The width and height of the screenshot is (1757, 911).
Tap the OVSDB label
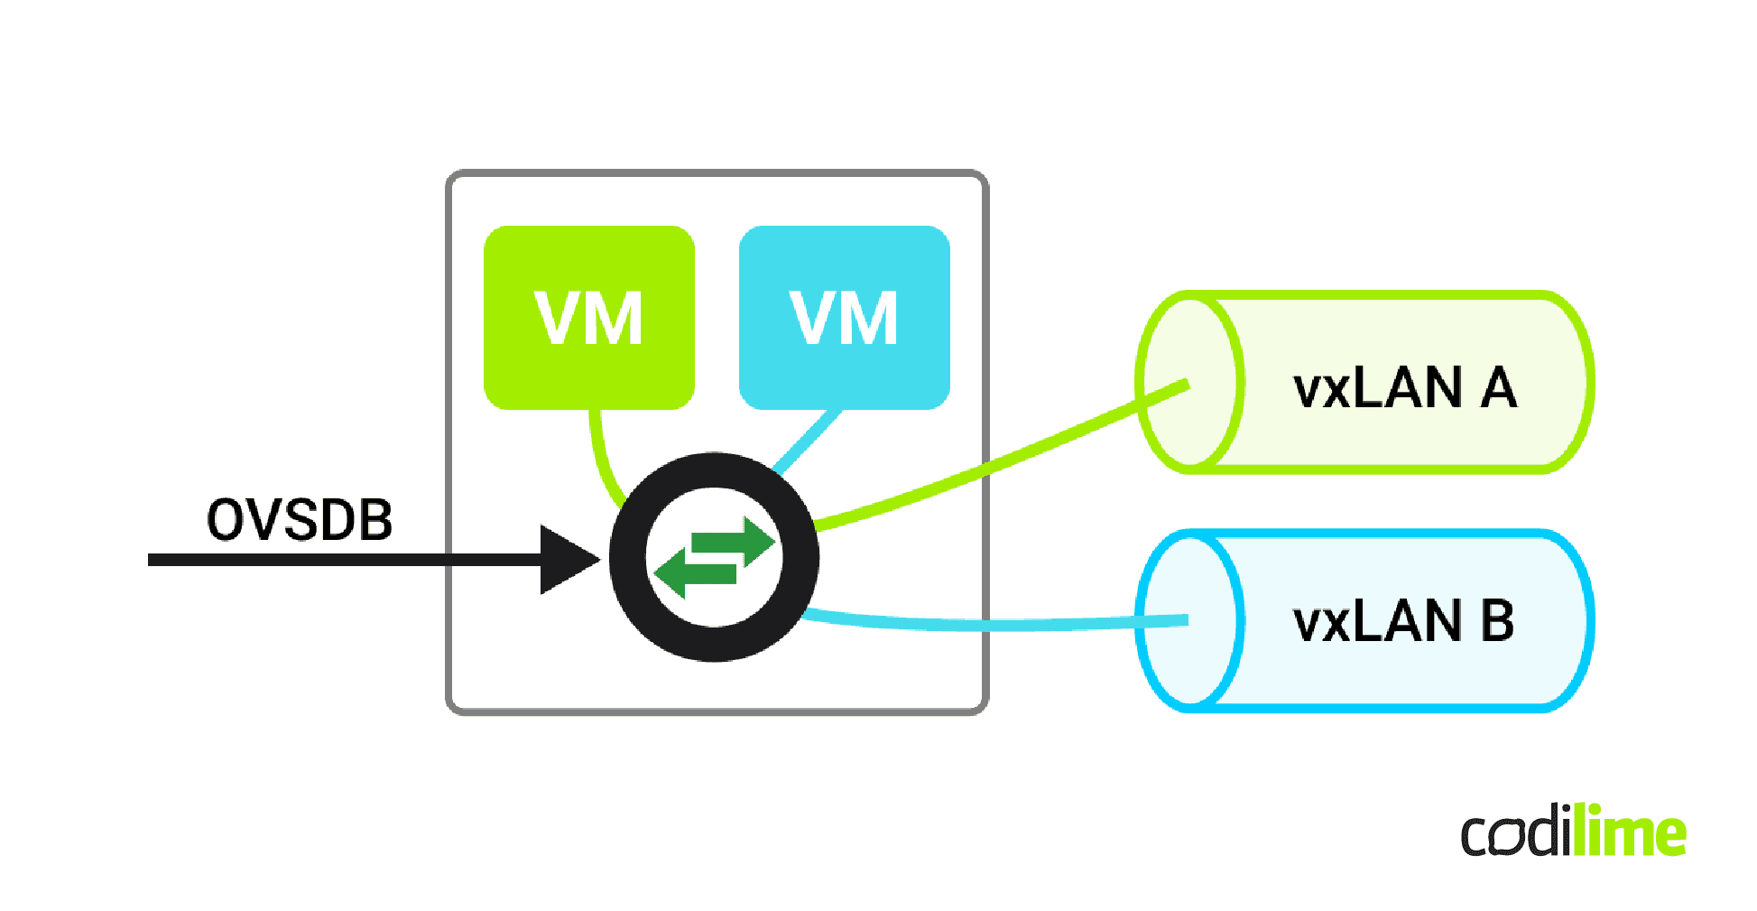coord(300,520)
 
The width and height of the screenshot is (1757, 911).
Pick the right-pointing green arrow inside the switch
coord(735,542)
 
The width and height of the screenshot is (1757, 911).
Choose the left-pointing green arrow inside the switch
coord(695,574)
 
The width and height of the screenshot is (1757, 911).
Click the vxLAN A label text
coord(1404,388)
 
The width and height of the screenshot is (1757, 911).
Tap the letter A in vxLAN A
coord(1499,388)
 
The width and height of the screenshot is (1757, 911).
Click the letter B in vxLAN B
coord(1497,622)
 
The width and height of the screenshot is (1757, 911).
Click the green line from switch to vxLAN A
coord(993,466)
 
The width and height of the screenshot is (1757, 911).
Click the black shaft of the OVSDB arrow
coord(343,560)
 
